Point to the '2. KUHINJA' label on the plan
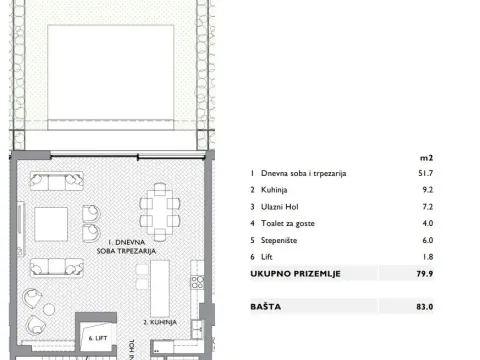pos(159,323)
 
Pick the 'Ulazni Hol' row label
pos(281,206)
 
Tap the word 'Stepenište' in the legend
pos(283,239)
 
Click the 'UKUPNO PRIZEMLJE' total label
pos(297,272)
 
